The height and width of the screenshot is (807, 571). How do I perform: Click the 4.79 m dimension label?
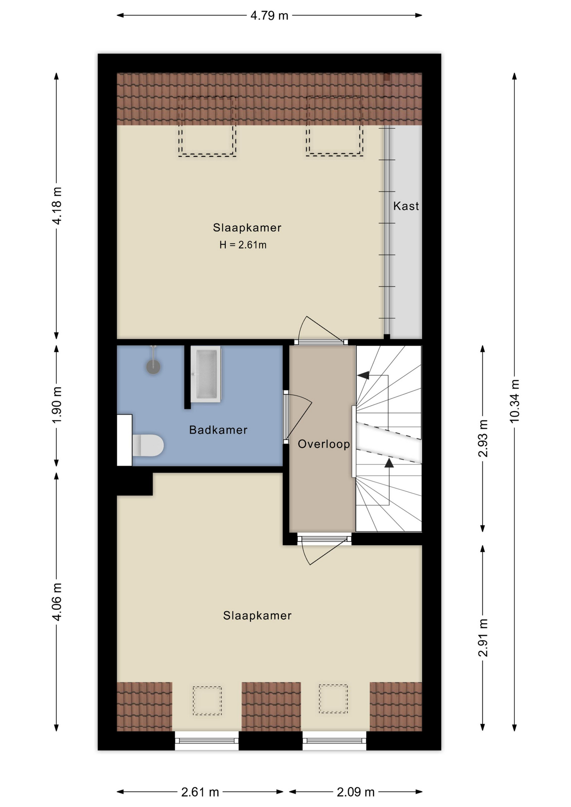pos(269,16)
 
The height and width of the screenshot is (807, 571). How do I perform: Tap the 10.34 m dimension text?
pos(515,401)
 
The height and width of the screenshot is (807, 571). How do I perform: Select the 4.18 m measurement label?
pos(57,206)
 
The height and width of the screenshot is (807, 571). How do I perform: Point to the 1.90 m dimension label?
pos(57,405)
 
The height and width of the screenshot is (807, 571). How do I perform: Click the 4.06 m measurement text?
pos(57,601)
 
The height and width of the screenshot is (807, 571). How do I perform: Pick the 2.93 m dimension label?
pos(483,438)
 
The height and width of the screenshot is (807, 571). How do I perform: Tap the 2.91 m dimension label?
pos(483,638)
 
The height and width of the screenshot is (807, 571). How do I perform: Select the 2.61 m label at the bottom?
pos(200,792)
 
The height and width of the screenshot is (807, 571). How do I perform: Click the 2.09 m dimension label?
pos(355,792)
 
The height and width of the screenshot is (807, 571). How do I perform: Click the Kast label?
pos(406,206)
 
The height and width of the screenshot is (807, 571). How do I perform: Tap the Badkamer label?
pos(218,430)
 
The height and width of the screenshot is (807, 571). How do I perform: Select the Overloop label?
pos(324,444)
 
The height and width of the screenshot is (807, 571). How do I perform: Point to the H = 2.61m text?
pos(243,245)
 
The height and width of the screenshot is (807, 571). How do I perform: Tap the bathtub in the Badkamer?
pos(206,374)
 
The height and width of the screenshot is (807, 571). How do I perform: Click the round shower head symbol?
pos(153,367)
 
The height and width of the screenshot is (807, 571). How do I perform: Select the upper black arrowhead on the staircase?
pos(363,375)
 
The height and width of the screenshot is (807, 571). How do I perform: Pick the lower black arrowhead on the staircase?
pos(389,463)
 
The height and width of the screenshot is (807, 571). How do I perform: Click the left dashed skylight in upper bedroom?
pos(207,127)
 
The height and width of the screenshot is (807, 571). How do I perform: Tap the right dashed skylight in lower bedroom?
pos(333,699)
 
